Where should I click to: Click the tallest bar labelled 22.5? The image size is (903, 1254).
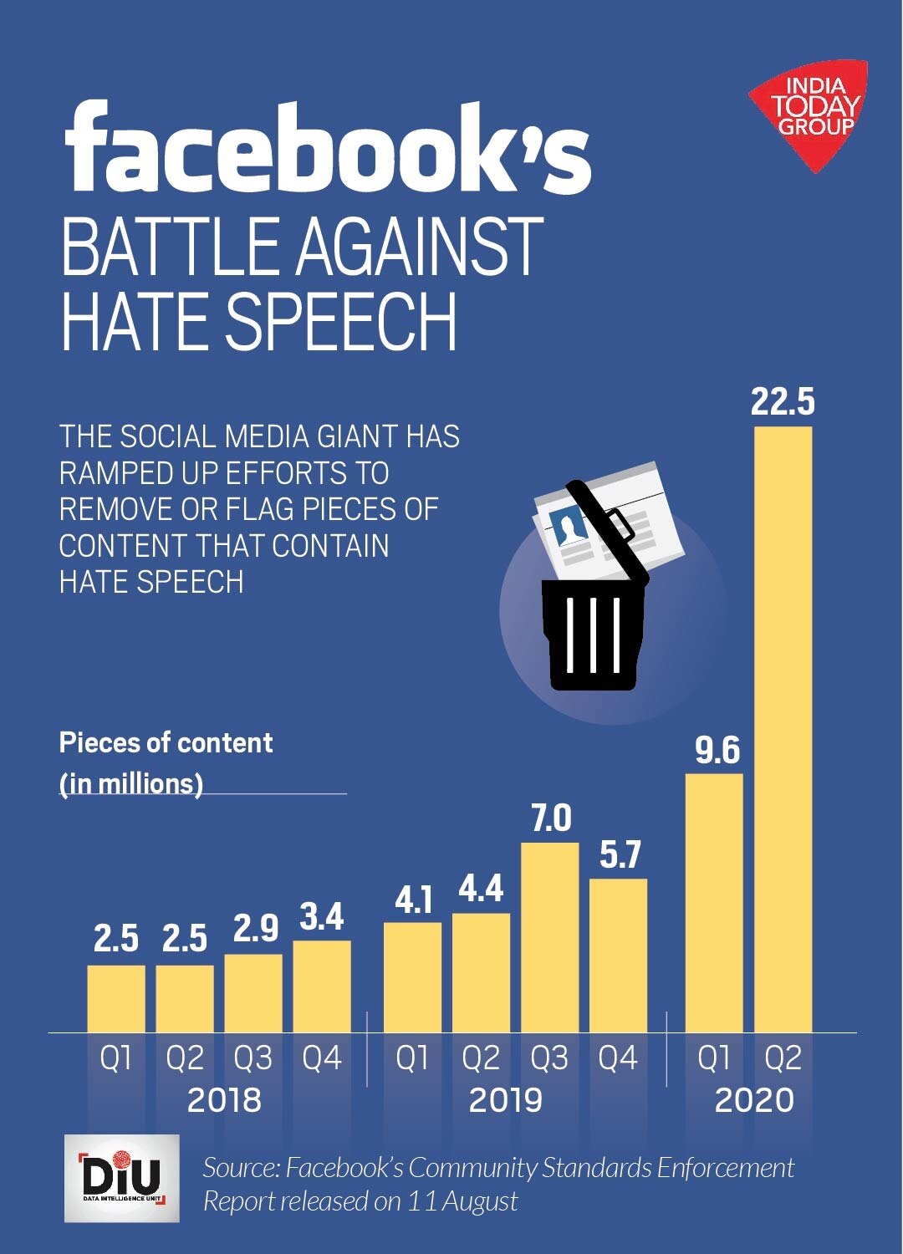[x=783, y=727]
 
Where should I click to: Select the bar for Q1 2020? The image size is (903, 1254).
[x=714, y=903]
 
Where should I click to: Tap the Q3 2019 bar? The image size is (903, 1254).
[x=549, y=936]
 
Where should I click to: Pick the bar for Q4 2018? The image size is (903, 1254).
[x=322, y=986]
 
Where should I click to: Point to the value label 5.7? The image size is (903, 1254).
[x=620, y=854]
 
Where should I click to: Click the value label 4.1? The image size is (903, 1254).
[x=413, y=900]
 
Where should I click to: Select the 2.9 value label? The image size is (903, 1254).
[x=255, y=929]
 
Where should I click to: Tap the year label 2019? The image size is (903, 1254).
[x=505, y=1099]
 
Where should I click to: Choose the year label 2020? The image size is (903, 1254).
[x=754, y=1099]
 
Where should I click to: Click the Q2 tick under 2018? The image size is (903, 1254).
[x=185, y=1058]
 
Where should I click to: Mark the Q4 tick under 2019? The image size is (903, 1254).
[x=618, y=1058]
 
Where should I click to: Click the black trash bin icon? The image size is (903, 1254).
[x=593, y=631]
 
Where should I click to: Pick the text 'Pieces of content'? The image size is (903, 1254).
[x=166, y=742]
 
